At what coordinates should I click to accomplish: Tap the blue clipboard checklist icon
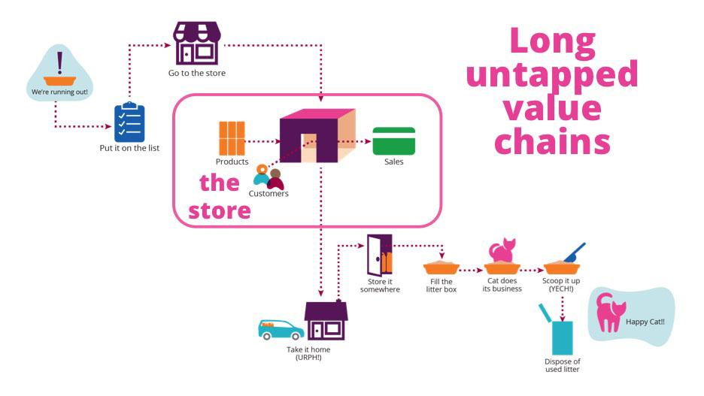[129, 122]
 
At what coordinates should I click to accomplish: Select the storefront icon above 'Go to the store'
[196, 44]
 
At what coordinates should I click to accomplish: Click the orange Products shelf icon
[232, 137]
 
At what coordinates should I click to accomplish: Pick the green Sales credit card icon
[393, 141]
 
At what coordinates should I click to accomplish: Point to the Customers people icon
[268, 177]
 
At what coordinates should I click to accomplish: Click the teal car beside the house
[281, 328]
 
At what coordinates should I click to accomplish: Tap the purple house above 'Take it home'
[326, 321]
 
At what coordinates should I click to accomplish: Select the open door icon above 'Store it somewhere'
[379, 255]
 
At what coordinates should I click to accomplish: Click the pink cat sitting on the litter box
[502, 249]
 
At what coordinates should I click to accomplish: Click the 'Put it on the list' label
[129, 148]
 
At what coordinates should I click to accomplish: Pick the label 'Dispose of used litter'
[562, 365]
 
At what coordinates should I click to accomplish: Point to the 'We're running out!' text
[59, 92]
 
